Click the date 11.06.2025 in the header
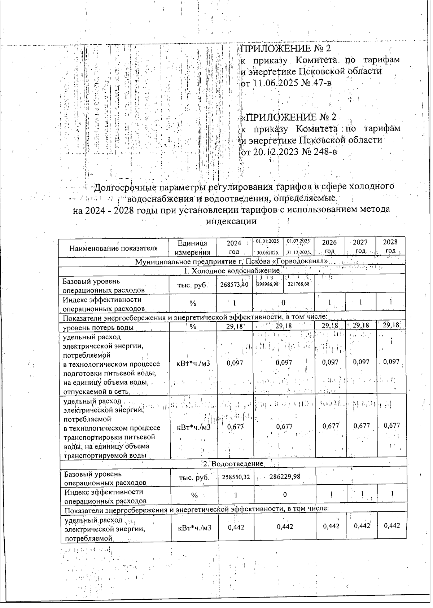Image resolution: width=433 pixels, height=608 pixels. pyautogui.click(x=273, y=83)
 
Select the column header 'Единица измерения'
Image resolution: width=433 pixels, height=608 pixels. pyautogui.click(x=192, y=247)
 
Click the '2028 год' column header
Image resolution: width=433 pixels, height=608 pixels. pyautogui.click(x=390, y=247)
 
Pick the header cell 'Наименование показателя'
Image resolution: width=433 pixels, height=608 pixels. pyautogui.click(x=114, y=248)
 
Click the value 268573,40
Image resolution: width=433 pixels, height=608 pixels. pyautogui.click(x=234, y=285)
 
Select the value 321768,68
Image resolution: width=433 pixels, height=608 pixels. pyautogui.click(x=299, y=285)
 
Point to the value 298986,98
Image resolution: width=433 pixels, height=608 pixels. pyautogui.click(x=267, y=285)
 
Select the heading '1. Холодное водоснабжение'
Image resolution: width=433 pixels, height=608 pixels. pyautogui.click(x=231, y=271)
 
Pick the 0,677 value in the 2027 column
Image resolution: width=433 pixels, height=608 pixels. pyautogui.click(x=361, y=426)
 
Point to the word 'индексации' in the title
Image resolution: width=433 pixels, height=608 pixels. pyautogui.click(x=231, y=221)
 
